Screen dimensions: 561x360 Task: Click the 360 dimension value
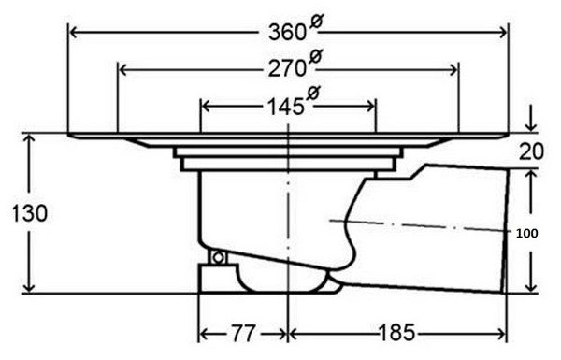click(287, 32)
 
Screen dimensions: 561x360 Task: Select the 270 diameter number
click(287, 68)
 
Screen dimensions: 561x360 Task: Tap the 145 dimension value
click(286, 107)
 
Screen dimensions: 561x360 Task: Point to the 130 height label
click(29, 213)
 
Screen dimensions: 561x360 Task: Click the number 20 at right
click(531, 151)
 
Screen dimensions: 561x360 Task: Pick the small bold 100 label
click(527, 234)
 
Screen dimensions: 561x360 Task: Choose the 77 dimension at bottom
click(243, 333)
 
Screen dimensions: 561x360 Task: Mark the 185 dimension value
click(396, 333)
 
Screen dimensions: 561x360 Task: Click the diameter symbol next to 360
click(316, 22)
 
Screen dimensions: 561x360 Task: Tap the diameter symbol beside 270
click(315, 56)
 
